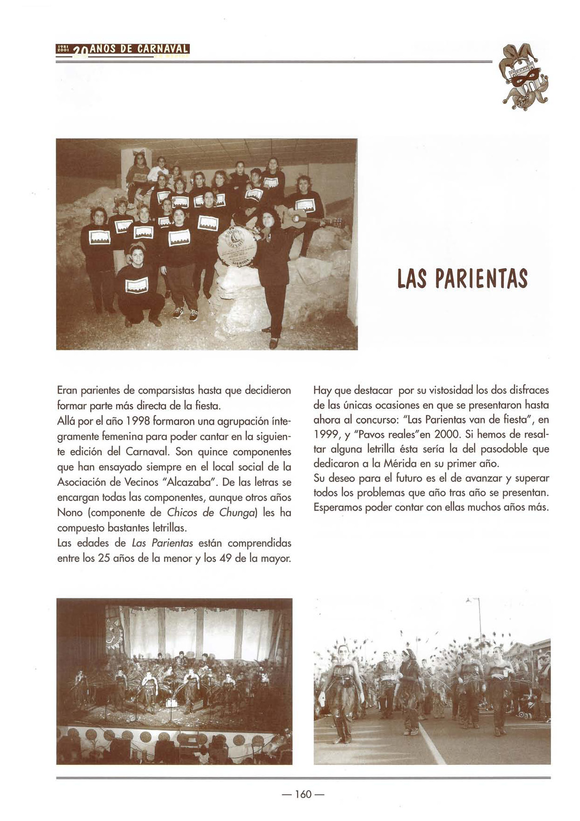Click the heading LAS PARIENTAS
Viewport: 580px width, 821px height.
click(x=462, y=279)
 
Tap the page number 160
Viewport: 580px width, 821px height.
click(x=303, y=794)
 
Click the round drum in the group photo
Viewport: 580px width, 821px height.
click(x=237, y=246)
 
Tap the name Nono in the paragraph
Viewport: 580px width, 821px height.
click(x=69, y=513)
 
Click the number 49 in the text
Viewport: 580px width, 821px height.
click(x=225, y=559)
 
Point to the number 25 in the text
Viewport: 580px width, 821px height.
click(x=104, y=559)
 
